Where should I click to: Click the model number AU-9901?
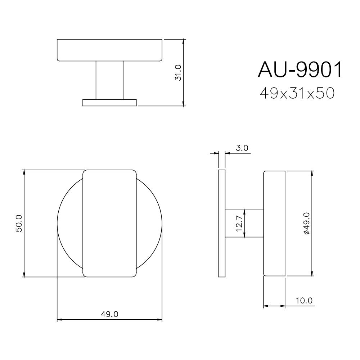pyautogui.click(x=300, y=70)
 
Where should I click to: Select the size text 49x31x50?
pyautogui.click(x=297, y=94)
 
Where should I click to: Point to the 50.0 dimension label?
pyautogui.click(x=19, y=223)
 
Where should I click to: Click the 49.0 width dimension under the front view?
pyautogui.click(x=109, y=314)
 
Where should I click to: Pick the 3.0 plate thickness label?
pyautogui.click(x=242, y=148)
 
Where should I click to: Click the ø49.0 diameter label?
pyautogui.click(x=307, y=223)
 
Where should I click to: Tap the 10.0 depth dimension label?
pyautogui.click(x=304, y=301)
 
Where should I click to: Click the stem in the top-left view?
pyautogui.click(x=109, y=80)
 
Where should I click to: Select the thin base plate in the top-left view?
pyautogui.click(x=109, y=103)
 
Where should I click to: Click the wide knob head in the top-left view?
pyautogui.click(x=109, y=50)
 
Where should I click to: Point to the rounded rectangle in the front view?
pyautogui.click(x=109, y=223)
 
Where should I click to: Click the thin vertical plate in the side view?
pyautogui.click(x=222, y=223)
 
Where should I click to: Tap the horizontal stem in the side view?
pyautogui.click(x=252, y=223)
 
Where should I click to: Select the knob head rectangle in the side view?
pyautogui.click(x=274, y=223)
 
